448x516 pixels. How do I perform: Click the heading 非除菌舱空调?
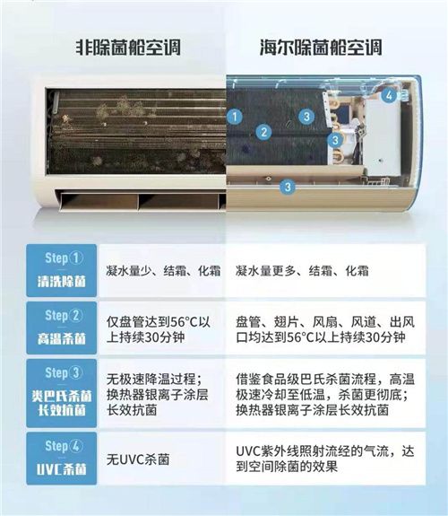point(128,48)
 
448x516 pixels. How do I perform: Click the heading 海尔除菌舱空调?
point(321,48)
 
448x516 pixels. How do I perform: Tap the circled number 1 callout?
point(235,117)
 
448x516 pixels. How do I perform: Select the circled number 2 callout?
point(263,132)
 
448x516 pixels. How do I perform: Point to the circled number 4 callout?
point(389,95)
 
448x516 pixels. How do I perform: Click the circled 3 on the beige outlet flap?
point(288,187)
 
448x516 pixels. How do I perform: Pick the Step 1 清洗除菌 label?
point(62,270)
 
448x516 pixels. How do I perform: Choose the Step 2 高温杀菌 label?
point(62,328)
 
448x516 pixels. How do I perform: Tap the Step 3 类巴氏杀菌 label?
point(62,393)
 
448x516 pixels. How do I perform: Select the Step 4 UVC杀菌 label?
point(62,459)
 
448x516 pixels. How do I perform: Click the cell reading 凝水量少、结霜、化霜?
point(163,271)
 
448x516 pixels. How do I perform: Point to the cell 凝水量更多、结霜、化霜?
point(302,271)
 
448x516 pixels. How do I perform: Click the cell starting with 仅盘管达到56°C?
point(158,329)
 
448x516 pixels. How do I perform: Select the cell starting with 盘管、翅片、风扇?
point(325,329)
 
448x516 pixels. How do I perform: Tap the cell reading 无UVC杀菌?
point(138,459)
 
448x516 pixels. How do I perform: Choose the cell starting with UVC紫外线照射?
point(325,459)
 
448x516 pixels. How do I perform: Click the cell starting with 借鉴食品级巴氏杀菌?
point(325,395)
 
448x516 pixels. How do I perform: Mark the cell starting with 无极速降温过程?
point(157,395)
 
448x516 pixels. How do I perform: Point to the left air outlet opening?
point(99,200)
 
